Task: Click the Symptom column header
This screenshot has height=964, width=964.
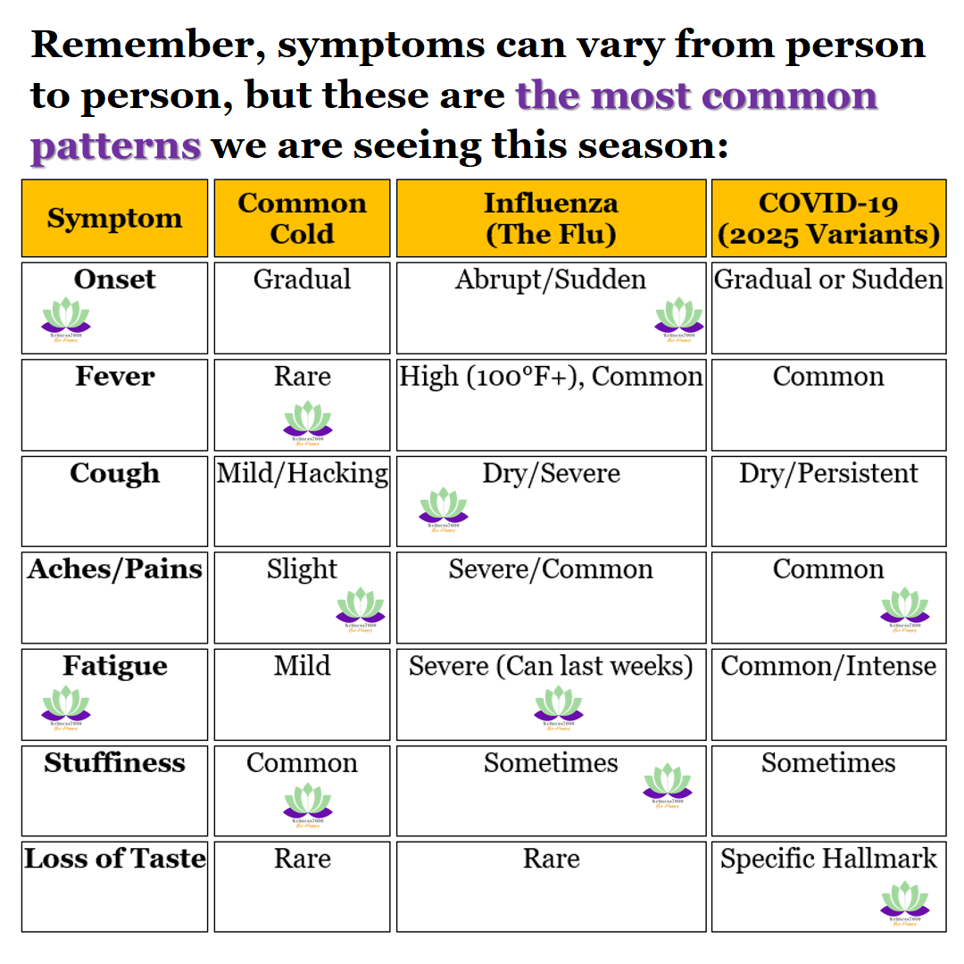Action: pos(114,219)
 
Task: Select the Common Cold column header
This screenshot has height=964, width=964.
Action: pos(302,219)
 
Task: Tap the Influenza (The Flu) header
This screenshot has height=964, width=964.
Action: pos(551,219)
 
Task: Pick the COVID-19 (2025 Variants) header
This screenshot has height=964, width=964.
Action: pos(828,219)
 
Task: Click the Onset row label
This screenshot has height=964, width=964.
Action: pos(114,279)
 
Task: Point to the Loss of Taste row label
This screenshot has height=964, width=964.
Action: pos(114,859)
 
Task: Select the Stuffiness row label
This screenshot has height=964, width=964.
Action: pos(114,763)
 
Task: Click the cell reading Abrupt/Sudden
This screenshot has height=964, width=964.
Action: pos(551,279)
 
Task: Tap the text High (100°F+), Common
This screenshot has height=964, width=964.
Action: pos(551,377)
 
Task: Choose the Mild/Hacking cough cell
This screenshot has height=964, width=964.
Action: pos(302,473)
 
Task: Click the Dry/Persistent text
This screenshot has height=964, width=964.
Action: pos(828,473)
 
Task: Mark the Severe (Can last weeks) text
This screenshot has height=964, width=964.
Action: pos(551,666)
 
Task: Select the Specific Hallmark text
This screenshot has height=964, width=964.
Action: pos(828,859)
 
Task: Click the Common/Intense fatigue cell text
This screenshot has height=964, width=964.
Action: pos(828,666)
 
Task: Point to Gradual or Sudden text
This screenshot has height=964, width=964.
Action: pos(828,279)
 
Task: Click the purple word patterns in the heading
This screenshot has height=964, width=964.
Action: pos(116,144)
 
